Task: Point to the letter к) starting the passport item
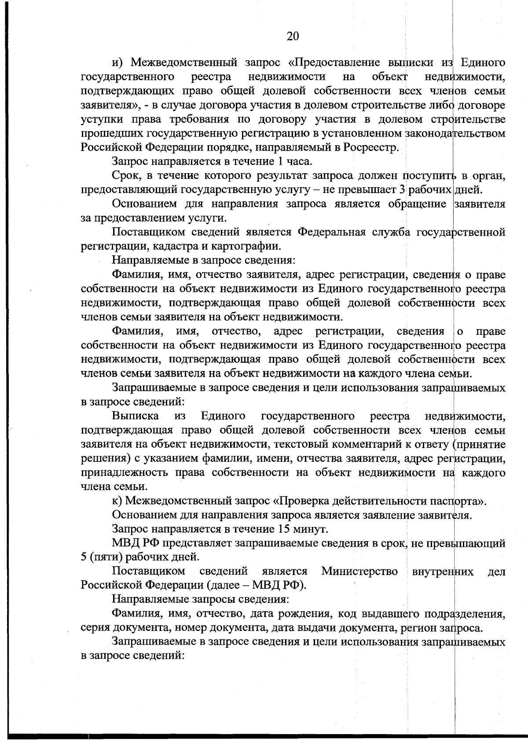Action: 117,501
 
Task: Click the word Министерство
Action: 359,572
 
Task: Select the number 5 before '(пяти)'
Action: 84,557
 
